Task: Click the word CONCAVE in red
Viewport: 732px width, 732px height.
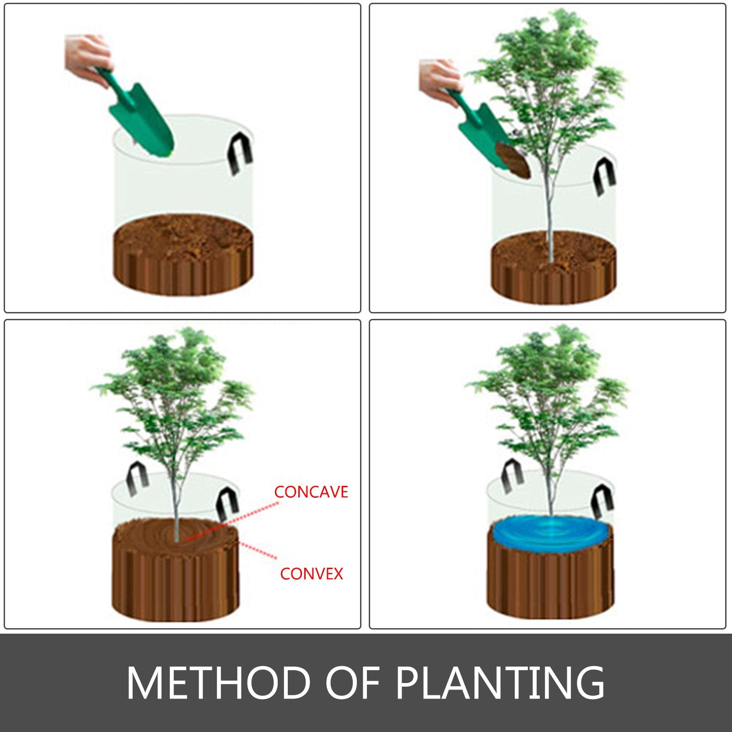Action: coord(311,492)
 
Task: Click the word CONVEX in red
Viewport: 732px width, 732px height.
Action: coord(312,574)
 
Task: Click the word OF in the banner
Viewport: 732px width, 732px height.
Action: coord(352,683)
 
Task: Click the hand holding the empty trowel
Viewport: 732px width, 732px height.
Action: coord(87,55)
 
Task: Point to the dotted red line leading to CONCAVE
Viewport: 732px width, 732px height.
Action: coord(233,522)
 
